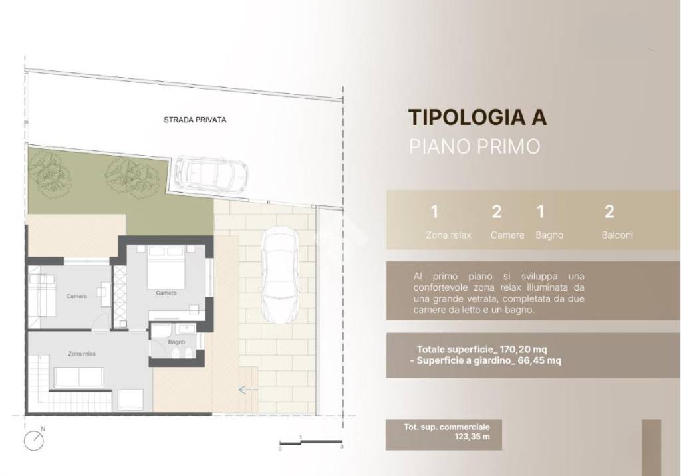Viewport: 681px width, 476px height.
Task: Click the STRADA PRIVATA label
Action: click(x=195, y=120)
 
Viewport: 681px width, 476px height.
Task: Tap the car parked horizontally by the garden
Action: click(x=210, y=172)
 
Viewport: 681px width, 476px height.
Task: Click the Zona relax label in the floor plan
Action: click(x=82, y=354)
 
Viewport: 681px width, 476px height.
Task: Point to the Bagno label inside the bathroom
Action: click(x=176, y=342)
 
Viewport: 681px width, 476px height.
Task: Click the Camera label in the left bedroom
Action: click(x=76, y=297)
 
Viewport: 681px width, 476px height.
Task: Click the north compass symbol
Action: click(x=34, y=440)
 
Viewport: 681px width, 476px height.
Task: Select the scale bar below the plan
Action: click(x=311, y=442)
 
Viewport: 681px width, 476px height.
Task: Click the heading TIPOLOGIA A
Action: click(x=477, y=117)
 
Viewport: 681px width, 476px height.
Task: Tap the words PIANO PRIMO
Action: click(x=474, y=146)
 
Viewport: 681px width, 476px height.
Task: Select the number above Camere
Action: click(x=496, y=213)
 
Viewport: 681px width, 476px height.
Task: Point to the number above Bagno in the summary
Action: click(x=540, y=213)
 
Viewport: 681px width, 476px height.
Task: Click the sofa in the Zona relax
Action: click(x=78, y=378)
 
